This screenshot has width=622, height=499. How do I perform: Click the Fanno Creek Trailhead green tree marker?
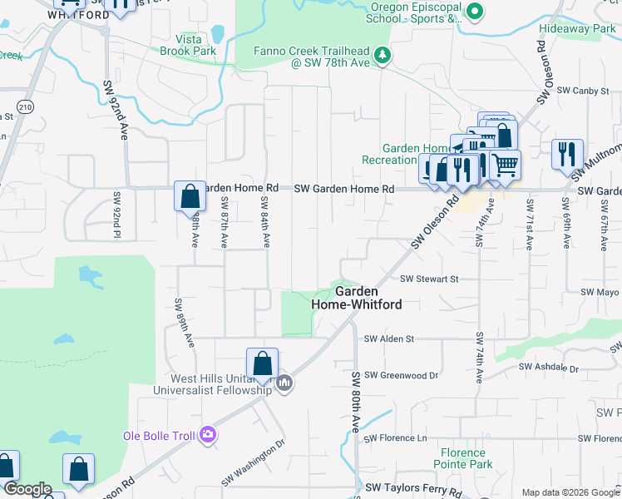[x=383, y=55]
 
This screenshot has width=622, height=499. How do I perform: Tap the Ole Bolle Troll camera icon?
[x=207, y=434]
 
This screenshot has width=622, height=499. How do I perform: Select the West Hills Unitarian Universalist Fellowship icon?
[x=284, y=383]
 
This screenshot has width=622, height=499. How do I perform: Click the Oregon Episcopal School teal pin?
[x=474, y=12]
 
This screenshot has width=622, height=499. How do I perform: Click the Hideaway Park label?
[x=576, y=28]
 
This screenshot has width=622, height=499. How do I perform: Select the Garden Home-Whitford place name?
[x=357, y=298]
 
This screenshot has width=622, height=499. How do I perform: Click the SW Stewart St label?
[x=429, y=279]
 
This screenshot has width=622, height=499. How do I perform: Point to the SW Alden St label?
[x=388, y=338]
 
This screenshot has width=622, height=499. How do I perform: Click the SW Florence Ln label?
[x=395, y=437]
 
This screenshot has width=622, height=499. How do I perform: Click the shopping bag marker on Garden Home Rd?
[x=190, y=197]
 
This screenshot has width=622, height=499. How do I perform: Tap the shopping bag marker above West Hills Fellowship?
[x=262, y=363]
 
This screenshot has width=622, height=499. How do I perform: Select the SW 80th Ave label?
[x=356, y=402]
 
